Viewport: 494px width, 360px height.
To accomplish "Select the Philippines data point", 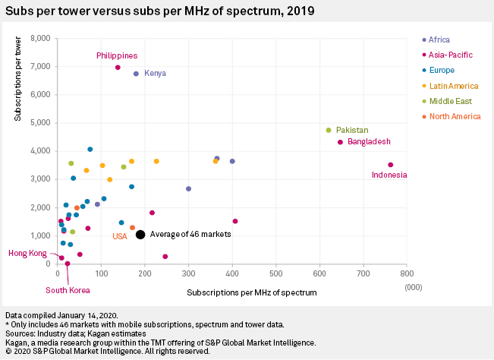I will (118, 68).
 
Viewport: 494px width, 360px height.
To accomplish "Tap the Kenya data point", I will (136, 74).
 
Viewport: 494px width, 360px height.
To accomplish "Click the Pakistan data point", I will (329, 130).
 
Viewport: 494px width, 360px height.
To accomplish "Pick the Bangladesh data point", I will (340, 142).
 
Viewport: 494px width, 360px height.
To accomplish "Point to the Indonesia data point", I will (391, 165).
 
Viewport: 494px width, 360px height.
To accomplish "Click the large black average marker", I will (140, 235).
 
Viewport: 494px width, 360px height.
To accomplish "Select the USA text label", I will (120, 237).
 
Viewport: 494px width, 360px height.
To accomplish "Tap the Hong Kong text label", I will (27, 254).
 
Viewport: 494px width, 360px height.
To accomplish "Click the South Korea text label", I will (68, 290).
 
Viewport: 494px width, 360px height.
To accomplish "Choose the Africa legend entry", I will (439, 39).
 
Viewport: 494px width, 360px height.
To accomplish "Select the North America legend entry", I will (455, 116).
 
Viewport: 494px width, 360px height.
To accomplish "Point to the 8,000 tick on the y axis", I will (39, 38).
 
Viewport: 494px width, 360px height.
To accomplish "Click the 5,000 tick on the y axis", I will (39, 122).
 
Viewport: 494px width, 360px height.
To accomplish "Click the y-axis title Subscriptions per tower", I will (17, 84).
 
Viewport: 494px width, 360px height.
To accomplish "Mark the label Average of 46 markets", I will (190, 235).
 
